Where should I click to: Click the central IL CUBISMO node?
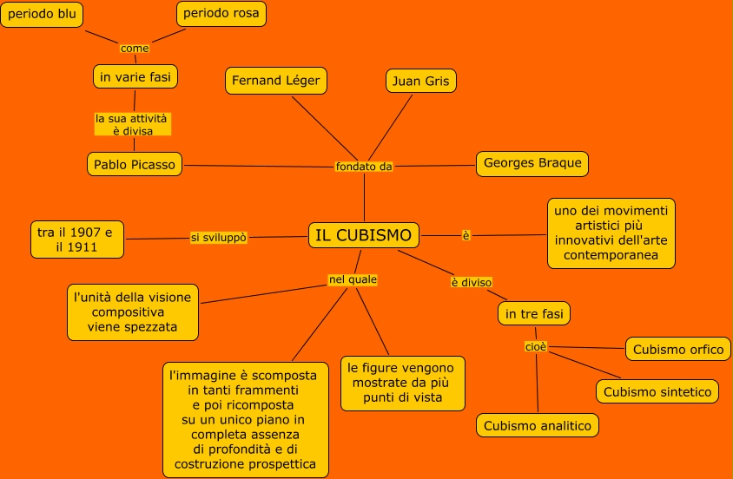(x=364, y=235)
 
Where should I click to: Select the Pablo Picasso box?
(x=135, y=163)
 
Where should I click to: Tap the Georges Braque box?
(x=532, y=163)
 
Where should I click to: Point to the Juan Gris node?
(x=420, y=81)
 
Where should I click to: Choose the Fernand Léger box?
(x=276, y=81)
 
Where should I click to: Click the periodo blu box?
(x=42, y=14)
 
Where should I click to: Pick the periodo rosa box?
(x=221, y=14)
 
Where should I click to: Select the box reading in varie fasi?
(x=135, y=76)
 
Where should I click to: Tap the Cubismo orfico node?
(x=677, y=349)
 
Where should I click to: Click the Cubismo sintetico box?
(x=657, y=391)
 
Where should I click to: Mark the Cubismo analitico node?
(x=538, y=425)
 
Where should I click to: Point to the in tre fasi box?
(x=534, y=313)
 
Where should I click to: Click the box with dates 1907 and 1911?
(x=76, y=239)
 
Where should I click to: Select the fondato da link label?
(x=364, y=167)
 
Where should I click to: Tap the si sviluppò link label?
(x=219, y=237)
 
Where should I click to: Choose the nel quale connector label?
(x=353, y=279)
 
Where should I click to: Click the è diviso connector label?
(x=472, y=282)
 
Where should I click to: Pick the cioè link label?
(x=536, y=347)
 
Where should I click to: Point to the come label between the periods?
(x=135, y=48)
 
